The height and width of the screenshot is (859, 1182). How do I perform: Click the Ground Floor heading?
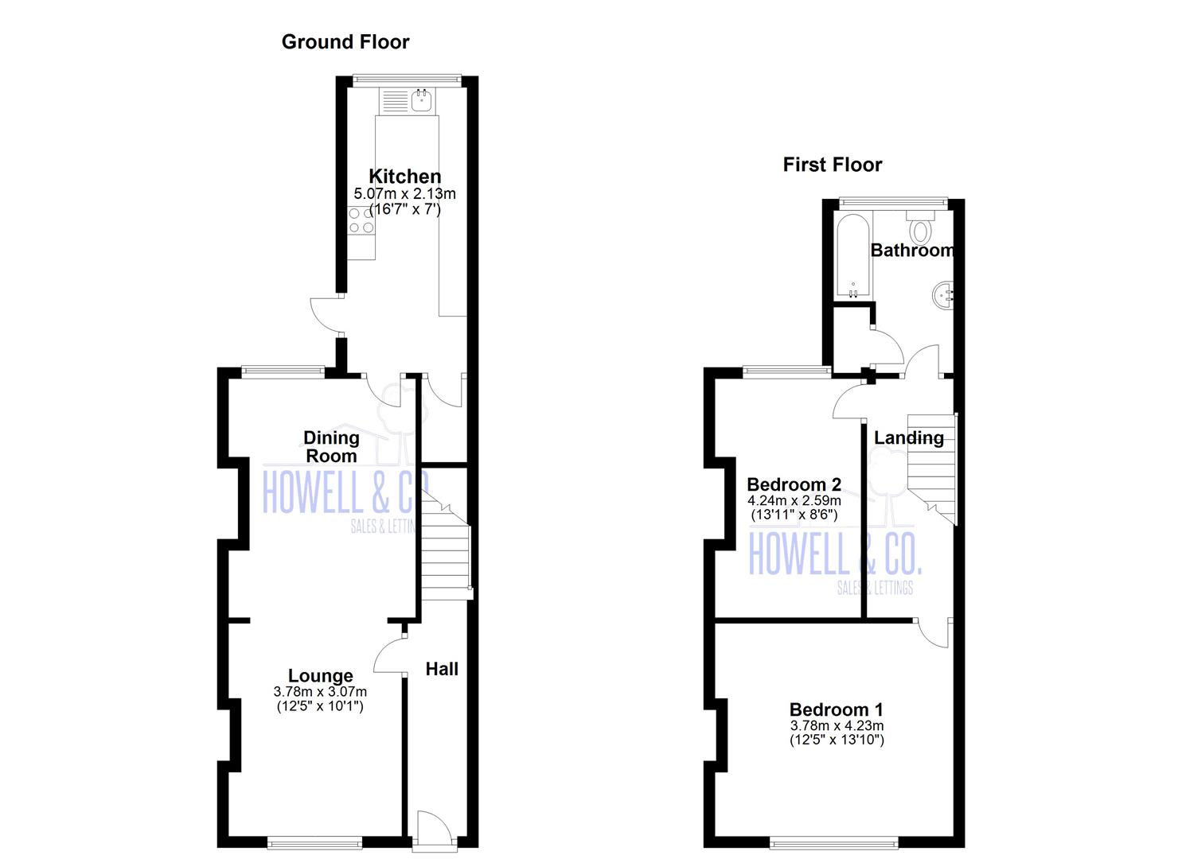tap(345, 42)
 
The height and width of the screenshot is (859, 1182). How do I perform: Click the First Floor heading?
tap(833, 165)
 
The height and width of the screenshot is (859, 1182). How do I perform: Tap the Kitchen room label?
tap(404, 177)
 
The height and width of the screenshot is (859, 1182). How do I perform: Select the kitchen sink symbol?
tap(421, 100)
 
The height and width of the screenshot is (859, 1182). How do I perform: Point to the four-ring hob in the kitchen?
tap(361, 220)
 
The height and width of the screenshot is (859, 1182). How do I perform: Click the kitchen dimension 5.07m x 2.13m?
tap(404, 194)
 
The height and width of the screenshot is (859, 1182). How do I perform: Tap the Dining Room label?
tap(332, 446)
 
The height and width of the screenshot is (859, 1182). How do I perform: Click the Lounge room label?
tap(321, 676)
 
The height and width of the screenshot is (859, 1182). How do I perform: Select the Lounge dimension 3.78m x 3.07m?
tap(320, 692)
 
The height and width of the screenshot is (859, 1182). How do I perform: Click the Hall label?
tap(442, 669)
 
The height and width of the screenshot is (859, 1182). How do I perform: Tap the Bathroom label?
tap(912, 251)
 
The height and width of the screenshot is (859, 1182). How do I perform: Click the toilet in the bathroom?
tap(921, 227)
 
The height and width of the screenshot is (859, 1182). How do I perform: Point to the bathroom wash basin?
tap(942, 295)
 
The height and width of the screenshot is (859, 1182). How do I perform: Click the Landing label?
tap(909, 438)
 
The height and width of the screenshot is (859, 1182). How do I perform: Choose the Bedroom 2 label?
tap(794, 484)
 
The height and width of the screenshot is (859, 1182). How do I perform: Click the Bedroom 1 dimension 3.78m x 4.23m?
tap(837, 725)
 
